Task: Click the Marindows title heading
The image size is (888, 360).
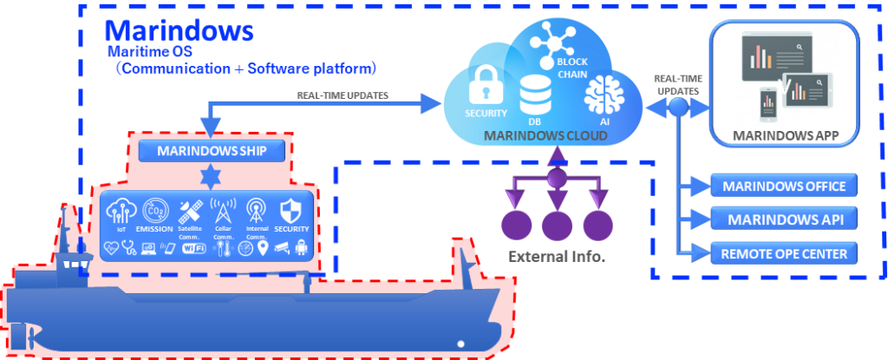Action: point(180,31)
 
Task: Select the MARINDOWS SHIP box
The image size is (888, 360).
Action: point(212,152)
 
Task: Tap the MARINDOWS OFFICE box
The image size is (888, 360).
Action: point(783,185)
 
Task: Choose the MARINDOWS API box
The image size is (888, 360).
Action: point(783,219)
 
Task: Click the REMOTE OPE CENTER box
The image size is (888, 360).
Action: point(783,253)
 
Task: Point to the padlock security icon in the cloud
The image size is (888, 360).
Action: point(480,87)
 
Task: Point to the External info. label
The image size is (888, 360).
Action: point(557,258)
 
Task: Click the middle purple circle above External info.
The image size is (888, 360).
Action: point(557,226)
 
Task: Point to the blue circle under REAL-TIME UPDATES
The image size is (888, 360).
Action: point(678,108)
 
